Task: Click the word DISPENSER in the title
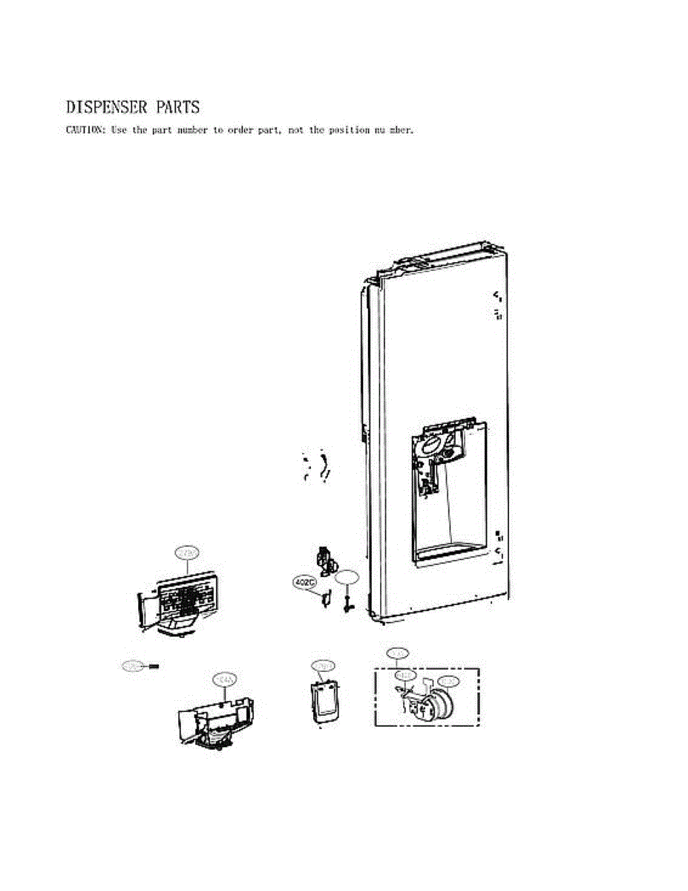(x=107, y=108)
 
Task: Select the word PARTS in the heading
(x=177, y=108)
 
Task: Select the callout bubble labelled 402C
(x=304, y=583)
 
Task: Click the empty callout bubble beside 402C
(x=347, y=577)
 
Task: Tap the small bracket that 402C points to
(x=324, y=598)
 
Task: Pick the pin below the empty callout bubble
(x=347, y=601)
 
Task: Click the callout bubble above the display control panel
(x=187, y=552)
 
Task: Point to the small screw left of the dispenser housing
(x=154, y=666)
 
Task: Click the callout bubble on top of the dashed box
(x=398, y=653)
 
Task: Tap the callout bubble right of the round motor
(x=448, y=681)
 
